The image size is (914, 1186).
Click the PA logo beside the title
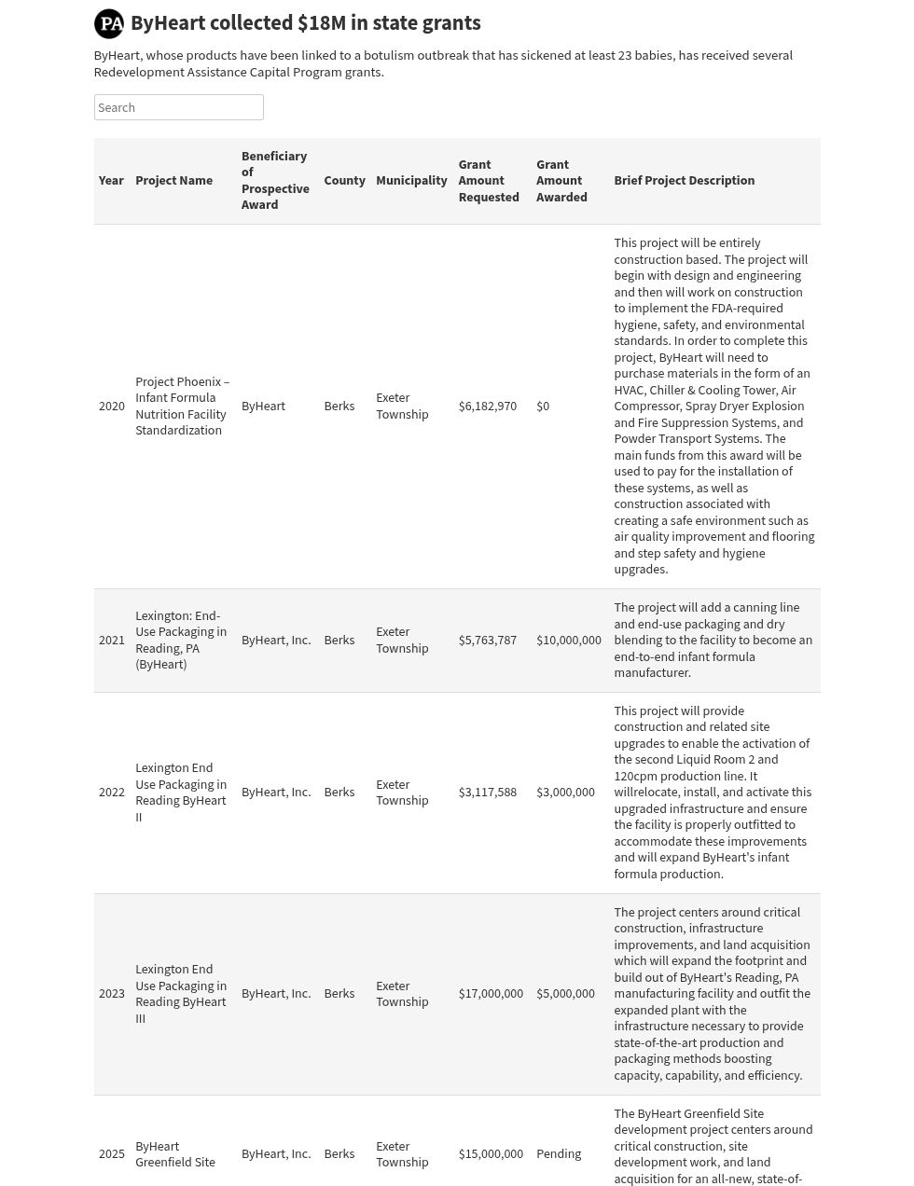(109, 23)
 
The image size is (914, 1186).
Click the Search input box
(178, 107)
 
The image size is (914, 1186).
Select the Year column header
(111, 181)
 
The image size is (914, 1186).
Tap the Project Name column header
(173, 181)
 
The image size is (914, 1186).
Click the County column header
(344, 181)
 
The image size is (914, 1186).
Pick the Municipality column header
(411, 181)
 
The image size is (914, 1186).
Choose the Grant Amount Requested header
(488, 181)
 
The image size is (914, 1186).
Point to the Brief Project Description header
(684, 181)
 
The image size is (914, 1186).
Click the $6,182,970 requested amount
(487, 407)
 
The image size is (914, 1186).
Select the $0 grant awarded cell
(543, 407)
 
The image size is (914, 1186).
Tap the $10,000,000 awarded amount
(568, 641)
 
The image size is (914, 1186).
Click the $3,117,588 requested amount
(487, 793)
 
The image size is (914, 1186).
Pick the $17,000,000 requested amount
(491, 994)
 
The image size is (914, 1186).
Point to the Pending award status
(558, 1154)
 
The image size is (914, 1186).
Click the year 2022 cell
(111, 793)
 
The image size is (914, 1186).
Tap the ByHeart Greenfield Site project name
(175, 1154)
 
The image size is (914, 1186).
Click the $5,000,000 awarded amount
(565, 994)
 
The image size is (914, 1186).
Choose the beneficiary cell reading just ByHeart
(263, 407)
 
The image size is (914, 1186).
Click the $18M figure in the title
(323, 23)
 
